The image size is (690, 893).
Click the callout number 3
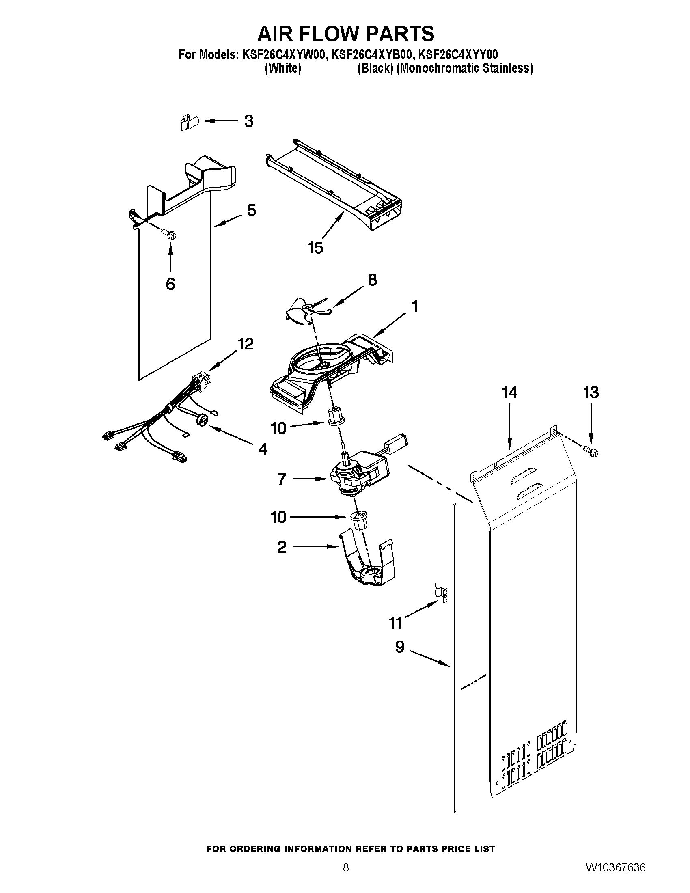point(248,121)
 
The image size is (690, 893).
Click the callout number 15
point(315,247)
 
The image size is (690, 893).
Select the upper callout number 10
point(278,428)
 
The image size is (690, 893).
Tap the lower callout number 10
point(278,517)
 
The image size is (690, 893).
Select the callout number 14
point(509,393)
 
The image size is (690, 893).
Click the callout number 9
point(399,647)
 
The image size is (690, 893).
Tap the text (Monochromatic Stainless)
point(465,68)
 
